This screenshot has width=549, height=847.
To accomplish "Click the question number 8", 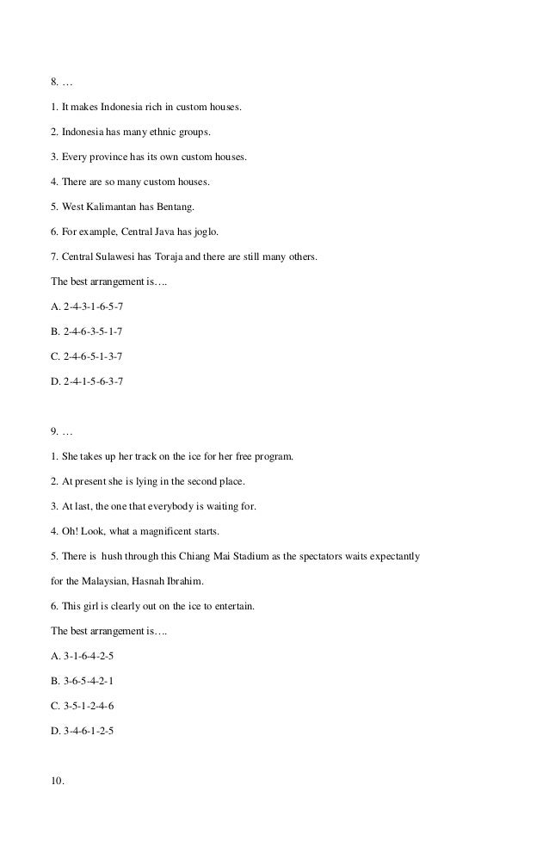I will pyautogui.click(x=54, y=83).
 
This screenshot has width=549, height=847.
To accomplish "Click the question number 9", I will pyautogui.click(x=54, y=431).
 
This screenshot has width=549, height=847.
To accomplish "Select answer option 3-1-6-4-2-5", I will pyautogui.click(x=89, y=656).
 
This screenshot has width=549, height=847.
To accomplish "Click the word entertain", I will pyautogui.click(x=234, y=606).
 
